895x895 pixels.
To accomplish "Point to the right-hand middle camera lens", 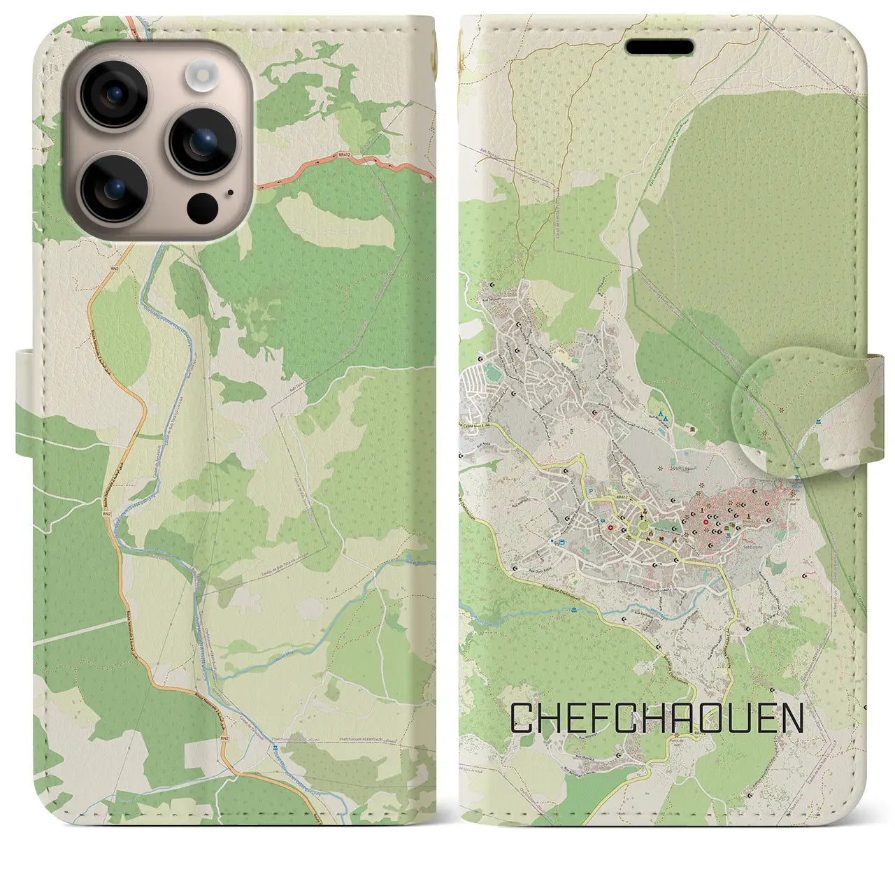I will click(x=201, y=142).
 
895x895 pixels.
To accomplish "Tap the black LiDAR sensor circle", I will click(x=202, y=206).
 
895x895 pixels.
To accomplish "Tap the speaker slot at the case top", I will click(x=659, y=47).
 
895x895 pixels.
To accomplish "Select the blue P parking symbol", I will click(x=593, y=492).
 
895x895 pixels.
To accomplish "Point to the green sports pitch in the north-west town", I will click(x=494, y=365).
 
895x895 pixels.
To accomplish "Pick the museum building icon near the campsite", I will click(x=692, y=429).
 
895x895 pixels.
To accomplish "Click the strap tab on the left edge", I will click(x=24, y=404).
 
